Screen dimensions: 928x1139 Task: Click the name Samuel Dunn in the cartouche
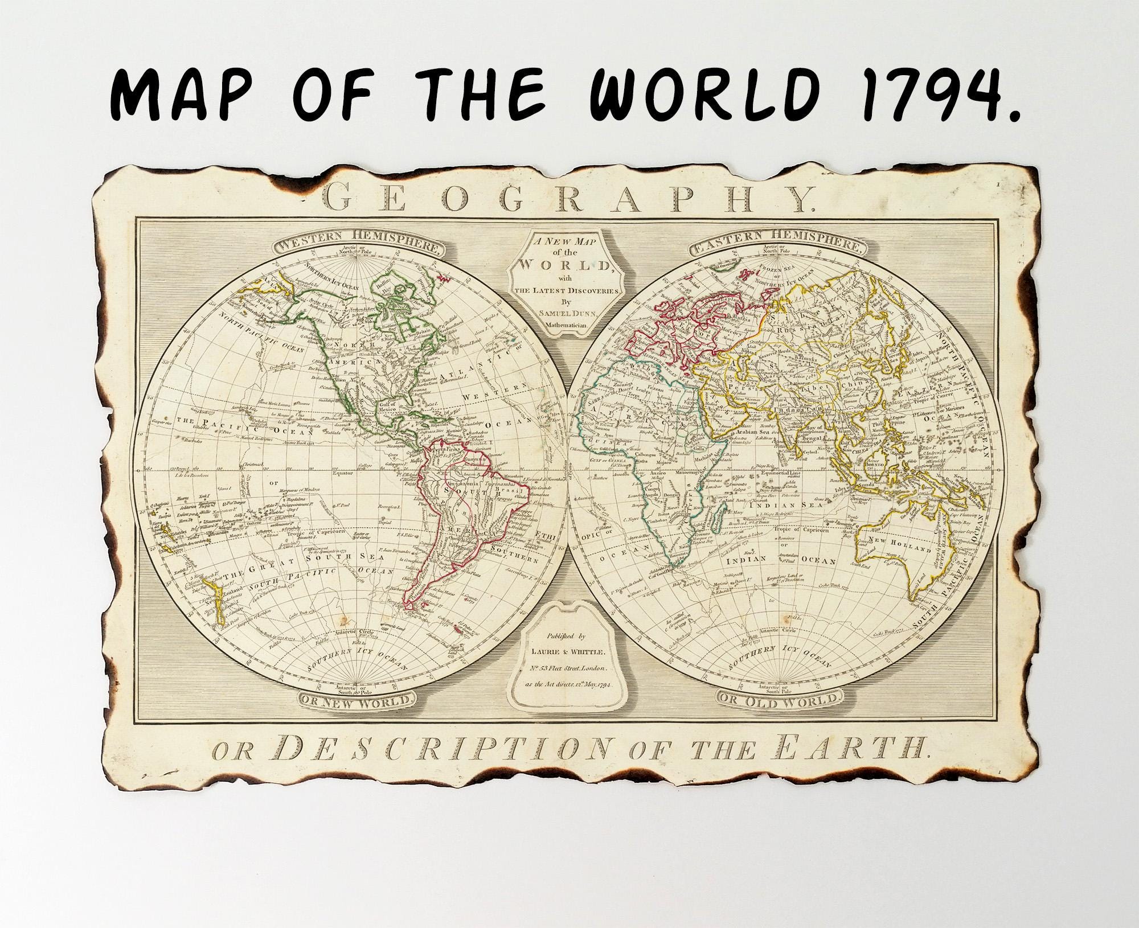(562, 315)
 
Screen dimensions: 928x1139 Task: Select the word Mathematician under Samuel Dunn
(562, 326)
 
